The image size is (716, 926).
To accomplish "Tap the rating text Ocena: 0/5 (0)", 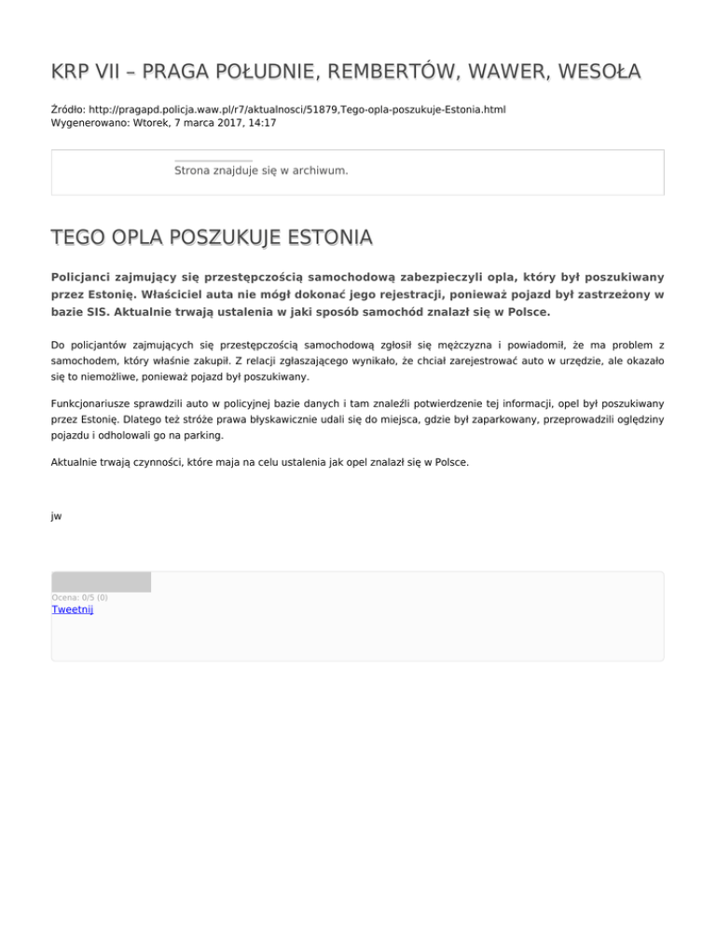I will point(79,597).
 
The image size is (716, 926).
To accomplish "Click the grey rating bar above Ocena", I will point(101,582).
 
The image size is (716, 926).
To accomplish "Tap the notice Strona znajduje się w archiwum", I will point(261,170).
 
